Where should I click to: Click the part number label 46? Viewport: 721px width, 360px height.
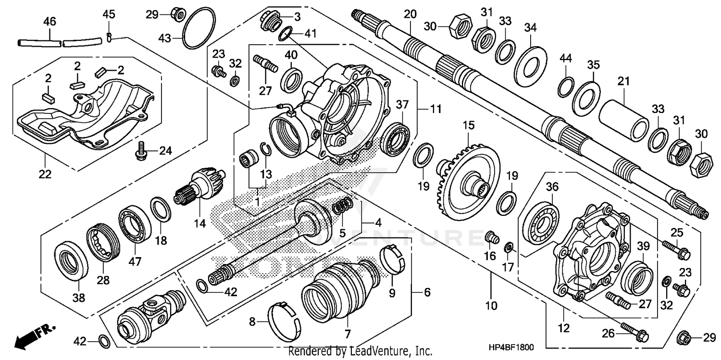[x=50, y=22]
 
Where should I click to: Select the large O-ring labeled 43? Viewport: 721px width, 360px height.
[x=199, y=28]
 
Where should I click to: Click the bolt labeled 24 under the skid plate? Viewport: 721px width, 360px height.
[x=141, y=150]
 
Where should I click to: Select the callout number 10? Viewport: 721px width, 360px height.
[x=492, y=305]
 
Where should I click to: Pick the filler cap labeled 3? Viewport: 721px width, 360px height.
[x=270, y=21]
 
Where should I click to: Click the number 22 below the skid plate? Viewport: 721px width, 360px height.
[x=45, y=174]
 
